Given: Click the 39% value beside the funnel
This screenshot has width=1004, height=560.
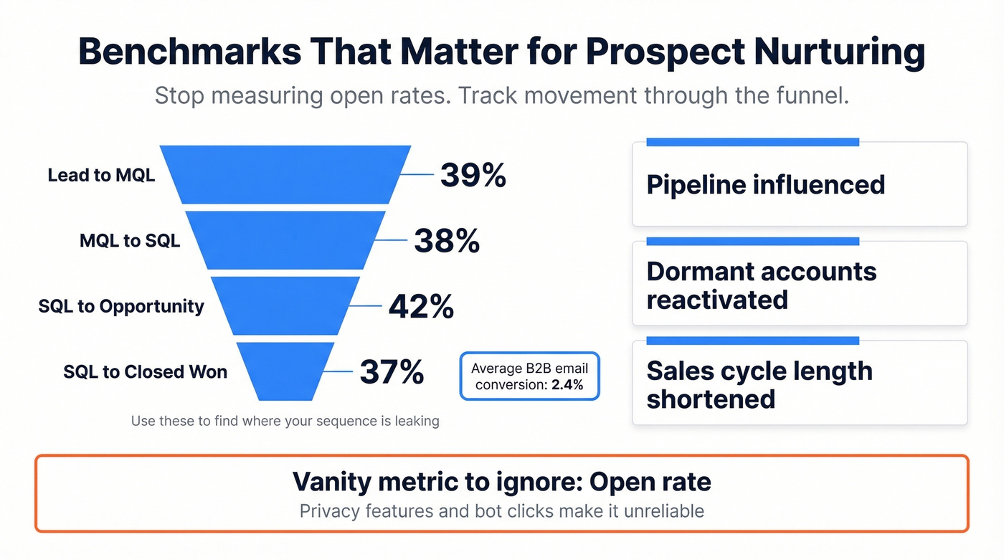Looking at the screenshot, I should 473,175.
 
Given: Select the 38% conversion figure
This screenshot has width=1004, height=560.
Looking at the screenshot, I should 447,242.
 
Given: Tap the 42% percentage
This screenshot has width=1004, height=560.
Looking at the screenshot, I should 421,307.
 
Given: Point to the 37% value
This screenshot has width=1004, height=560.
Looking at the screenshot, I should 392,371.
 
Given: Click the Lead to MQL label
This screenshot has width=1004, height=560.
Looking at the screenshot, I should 101,175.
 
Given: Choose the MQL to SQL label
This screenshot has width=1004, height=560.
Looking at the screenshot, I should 130,241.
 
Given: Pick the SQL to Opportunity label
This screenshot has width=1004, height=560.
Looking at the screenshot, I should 121,306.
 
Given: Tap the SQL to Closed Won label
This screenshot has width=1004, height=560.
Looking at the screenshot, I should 145,371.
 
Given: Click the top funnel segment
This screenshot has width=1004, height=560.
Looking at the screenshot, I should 285,174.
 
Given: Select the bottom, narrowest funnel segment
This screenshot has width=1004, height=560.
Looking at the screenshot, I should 285,371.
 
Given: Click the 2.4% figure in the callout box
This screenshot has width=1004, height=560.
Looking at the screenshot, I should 567,385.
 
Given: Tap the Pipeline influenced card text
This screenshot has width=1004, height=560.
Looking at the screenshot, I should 765,185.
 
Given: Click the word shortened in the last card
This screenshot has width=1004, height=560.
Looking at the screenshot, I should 711,399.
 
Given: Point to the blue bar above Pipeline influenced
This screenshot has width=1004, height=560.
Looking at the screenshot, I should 752,142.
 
